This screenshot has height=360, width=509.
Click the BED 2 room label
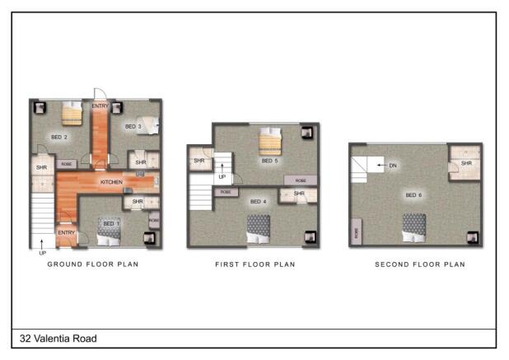[58, 137]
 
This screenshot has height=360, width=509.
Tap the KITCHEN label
[111, 181]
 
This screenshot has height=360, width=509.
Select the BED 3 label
[133, 126]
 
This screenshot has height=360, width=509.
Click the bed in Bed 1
[109, 231]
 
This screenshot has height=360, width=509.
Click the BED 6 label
[413, 195]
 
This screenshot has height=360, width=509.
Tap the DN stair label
[393, 166]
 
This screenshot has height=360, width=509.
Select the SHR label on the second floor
[466, 163]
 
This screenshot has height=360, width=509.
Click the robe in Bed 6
[355, 232]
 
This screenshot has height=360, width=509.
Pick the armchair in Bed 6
[472, 237]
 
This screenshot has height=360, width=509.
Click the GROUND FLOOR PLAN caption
[92, 264]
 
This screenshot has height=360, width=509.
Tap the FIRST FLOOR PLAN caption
[254, 264]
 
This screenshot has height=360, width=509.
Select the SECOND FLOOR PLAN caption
[419, 264]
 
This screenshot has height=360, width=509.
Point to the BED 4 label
[259, 201]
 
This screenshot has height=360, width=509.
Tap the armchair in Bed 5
[306, 132]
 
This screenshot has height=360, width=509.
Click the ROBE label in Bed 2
[67, 164]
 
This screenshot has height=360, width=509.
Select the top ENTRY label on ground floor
[100, 106]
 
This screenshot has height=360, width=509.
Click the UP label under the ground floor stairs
[42, 253]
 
